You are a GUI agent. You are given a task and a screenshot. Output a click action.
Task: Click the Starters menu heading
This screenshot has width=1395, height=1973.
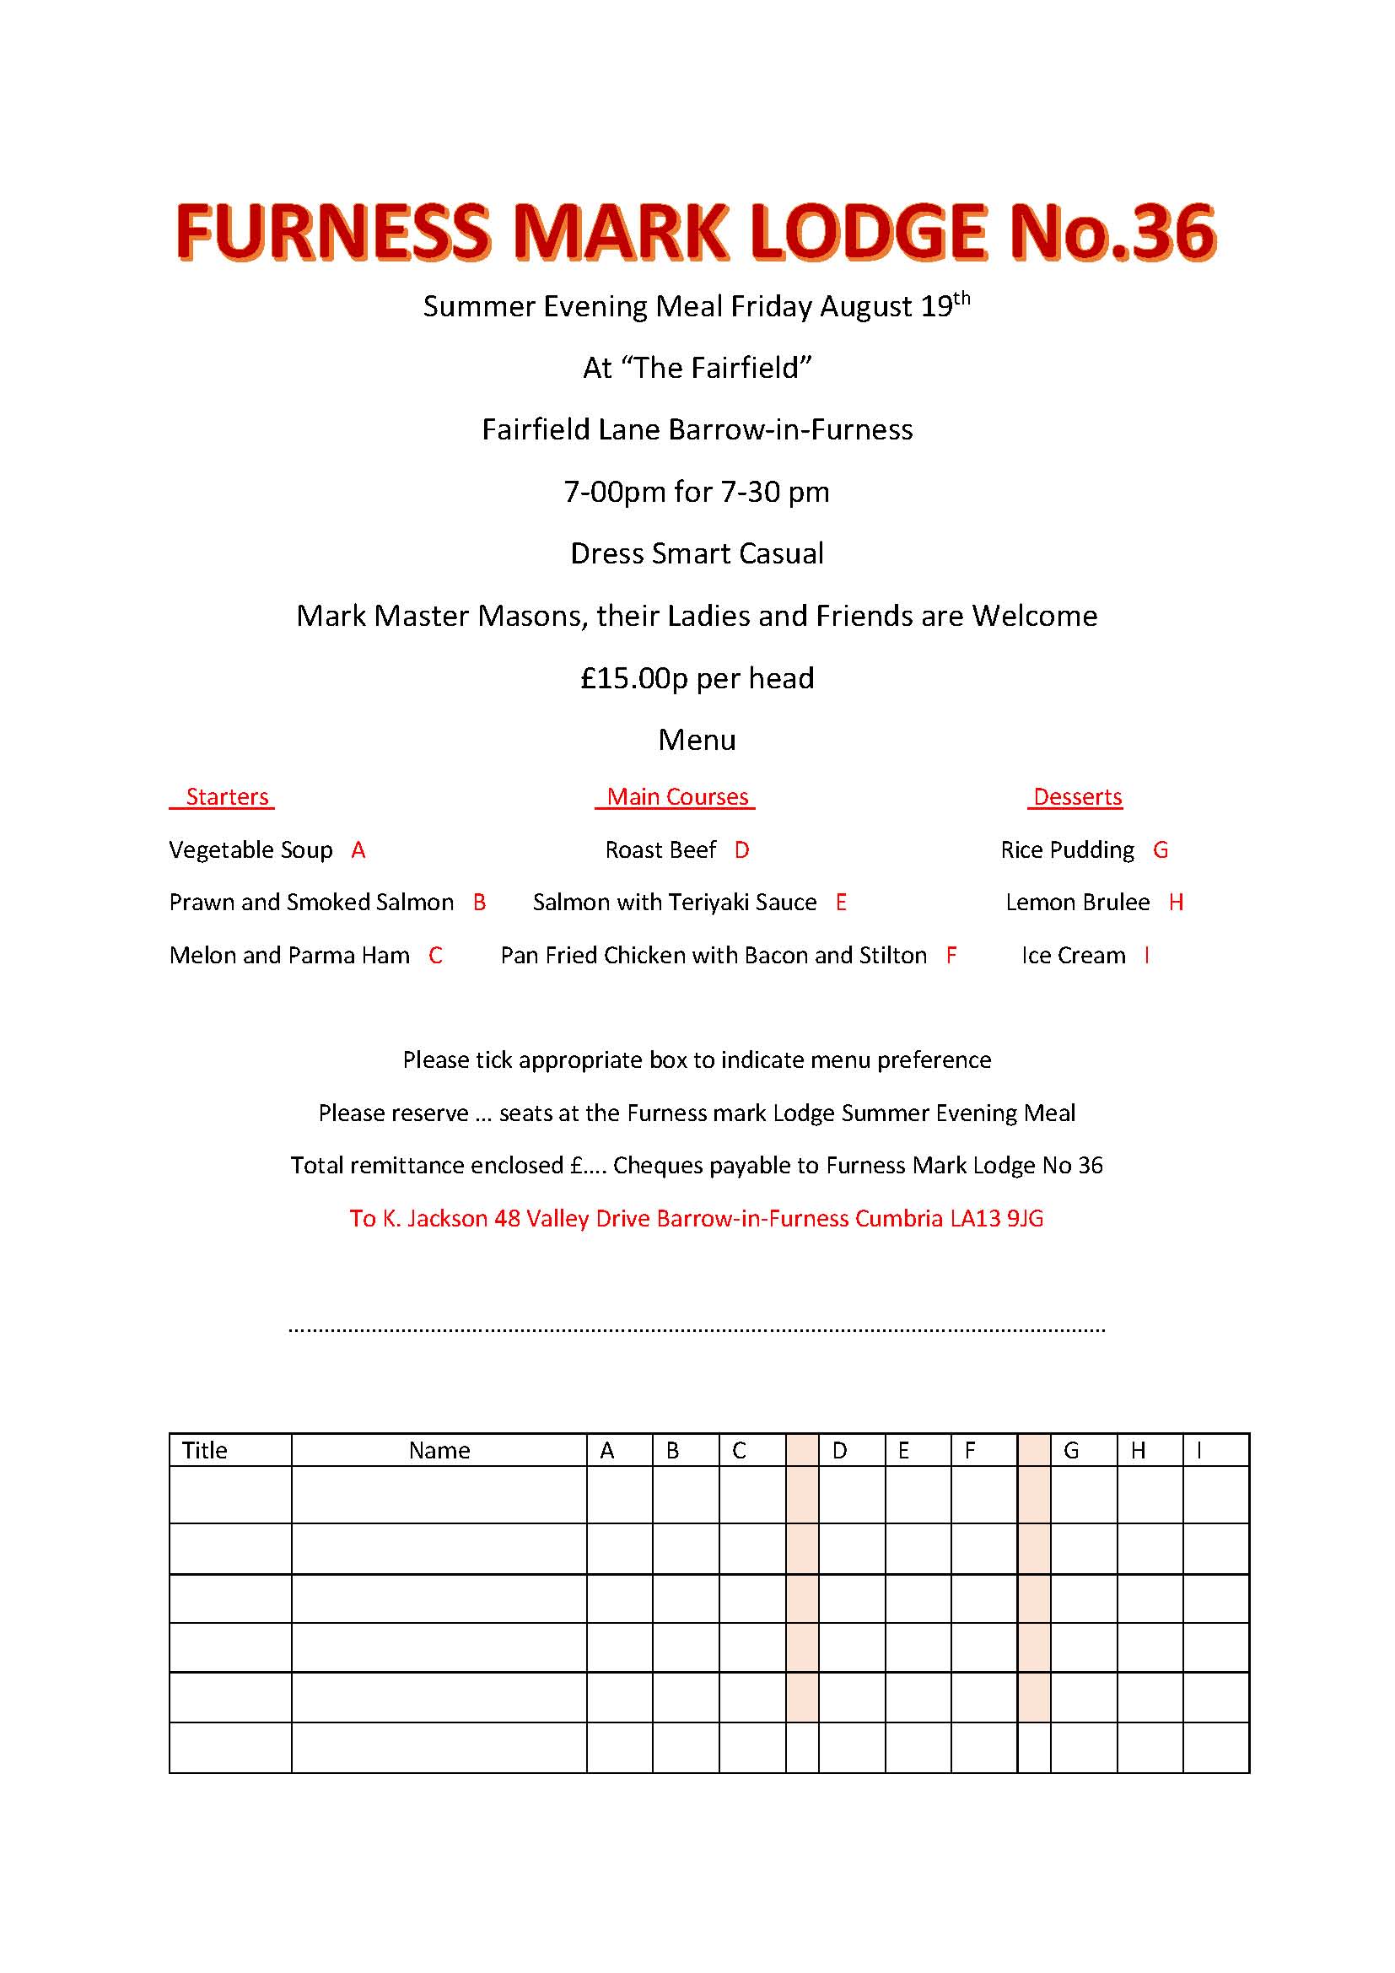click(227, 796)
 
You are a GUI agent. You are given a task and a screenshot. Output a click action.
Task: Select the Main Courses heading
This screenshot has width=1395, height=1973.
click(677, 796)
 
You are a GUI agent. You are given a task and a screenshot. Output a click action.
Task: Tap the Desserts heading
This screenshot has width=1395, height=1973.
click(1077, 796)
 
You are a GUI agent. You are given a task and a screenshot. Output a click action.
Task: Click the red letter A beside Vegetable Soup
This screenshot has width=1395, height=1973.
click(358, 850)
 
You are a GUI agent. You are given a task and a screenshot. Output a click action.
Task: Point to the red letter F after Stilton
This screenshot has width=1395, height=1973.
click(951, 955)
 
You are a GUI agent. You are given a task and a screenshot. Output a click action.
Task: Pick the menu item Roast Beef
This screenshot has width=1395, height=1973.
click(660, 850)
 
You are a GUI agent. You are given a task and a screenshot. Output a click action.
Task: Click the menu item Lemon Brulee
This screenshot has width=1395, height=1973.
click(1077, 903)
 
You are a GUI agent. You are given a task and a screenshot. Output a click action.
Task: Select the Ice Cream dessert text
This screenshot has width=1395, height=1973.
click(1073, 955)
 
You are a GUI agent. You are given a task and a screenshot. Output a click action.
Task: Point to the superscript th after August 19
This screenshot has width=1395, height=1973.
click(962, 298)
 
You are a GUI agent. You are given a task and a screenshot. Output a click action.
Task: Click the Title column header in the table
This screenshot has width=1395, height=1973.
click(204, 1451)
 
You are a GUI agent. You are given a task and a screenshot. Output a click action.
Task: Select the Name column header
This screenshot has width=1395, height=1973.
click(439, 1451)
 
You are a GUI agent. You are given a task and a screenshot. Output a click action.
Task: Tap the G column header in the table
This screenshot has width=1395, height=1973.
click(1070, 1451)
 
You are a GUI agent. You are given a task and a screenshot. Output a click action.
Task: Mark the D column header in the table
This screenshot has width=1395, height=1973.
click(839, 1451)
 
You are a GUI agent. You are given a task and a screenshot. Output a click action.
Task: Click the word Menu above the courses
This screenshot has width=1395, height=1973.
click(697, 740)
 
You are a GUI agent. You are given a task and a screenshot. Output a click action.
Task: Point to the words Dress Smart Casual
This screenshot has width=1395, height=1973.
click(697, 553)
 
